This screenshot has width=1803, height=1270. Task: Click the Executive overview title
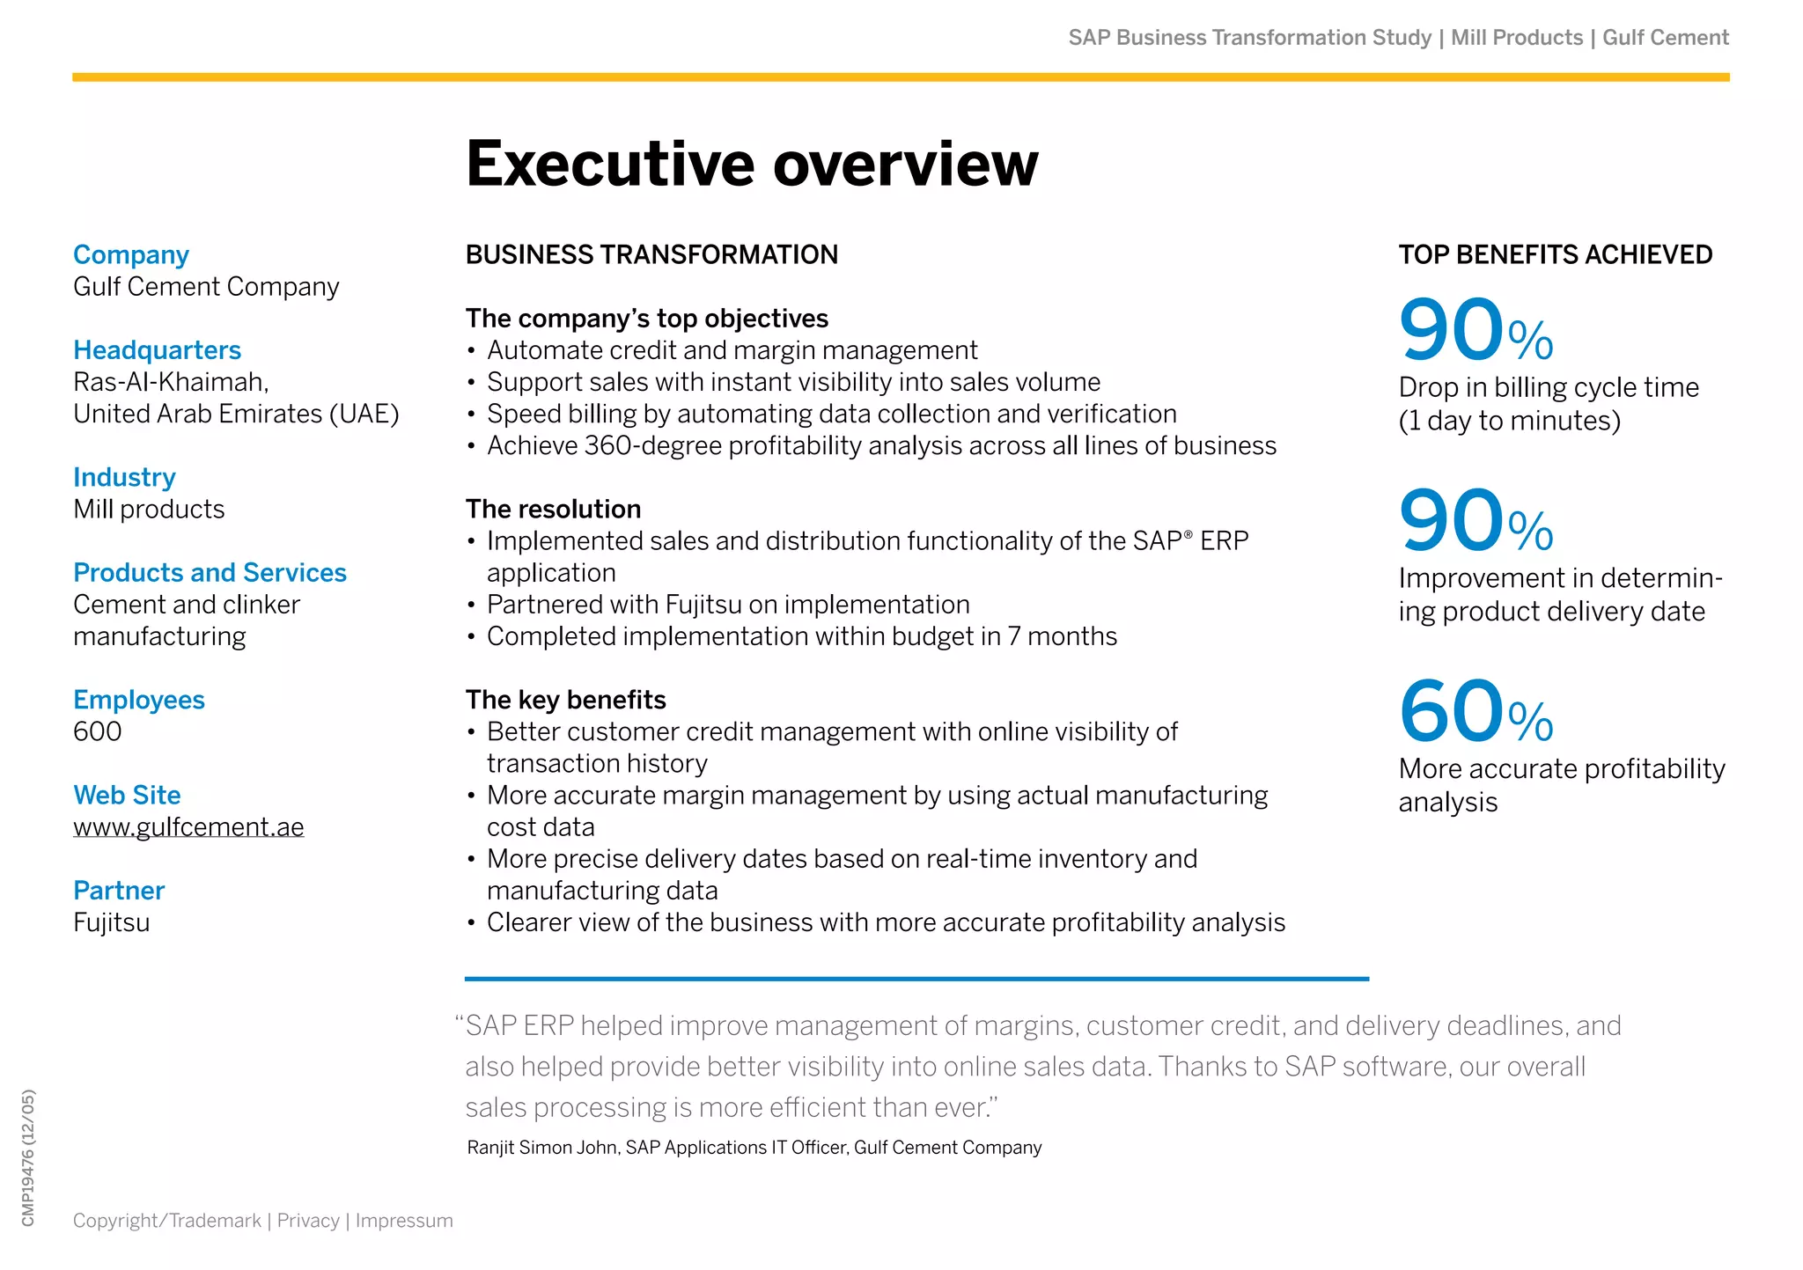coord(752,165)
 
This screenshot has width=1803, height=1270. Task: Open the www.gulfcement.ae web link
coord(188,827)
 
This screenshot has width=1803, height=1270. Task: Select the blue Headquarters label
coord(157,350)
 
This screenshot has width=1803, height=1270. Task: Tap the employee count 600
coord(98,731)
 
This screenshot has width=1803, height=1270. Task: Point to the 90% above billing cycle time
coord(1476,330)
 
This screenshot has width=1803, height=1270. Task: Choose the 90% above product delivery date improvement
coord(1476,521)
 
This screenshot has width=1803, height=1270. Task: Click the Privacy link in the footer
coord(308,1221)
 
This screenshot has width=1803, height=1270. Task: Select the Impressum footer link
coord(404,1221)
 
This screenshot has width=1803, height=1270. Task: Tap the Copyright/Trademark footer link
coord(167,1221)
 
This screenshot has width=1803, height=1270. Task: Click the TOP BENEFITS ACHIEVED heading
coord(1556,255)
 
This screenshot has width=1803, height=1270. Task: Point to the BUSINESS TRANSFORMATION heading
coord(651,255)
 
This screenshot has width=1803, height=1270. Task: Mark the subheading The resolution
coord(553,510)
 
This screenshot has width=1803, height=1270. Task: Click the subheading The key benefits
coord(565,701)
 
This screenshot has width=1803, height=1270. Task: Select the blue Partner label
coord(119,891)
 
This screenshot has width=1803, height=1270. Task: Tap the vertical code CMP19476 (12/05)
coord(28,1158)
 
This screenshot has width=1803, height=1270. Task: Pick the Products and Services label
coord(210,573)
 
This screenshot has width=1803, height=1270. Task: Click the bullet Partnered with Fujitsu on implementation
coord(728,605)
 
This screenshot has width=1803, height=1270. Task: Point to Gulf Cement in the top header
coord(1666,38)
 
